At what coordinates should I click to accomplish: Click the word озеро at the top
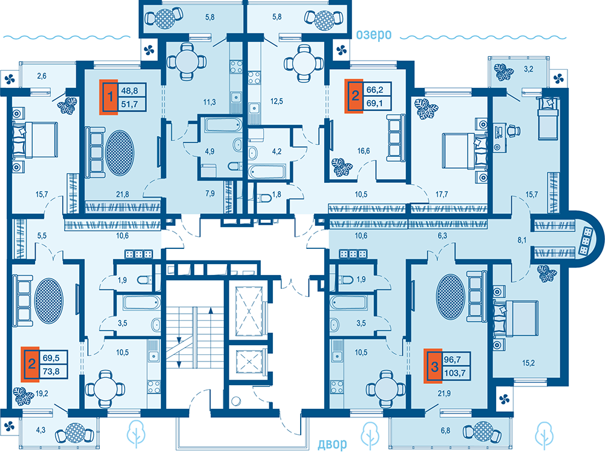[373, 35]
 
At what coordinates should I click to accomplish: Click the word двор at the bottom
[332, 444]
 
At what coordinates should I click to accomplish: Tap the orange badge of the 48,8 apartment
[109, 97]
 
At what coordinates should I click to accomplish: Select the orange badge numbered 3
[433, 366]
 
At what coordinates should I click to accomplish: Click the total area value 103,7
[454, 373]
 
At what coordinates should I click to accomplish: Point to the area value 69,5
[51, 358]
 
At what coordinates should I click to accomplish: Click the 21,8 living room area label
[123, 194]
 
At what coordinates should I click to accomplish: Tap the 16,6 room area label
[364, 151]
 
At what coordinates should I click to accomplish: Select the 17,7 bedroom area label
[442, 194]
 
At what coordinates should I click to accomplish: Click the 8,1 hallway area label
[522, 240]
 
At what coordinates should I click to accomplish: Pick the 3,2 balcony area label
[528, 69]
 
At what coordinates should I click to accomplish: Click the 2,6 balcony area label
[42, 76]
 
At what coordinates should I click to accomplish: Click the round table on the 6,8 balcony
[483, 431]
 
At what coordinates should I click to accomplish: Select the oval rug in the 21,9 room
[450, 297]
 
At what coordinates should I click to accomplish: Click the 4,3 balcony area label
[41, 430]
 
